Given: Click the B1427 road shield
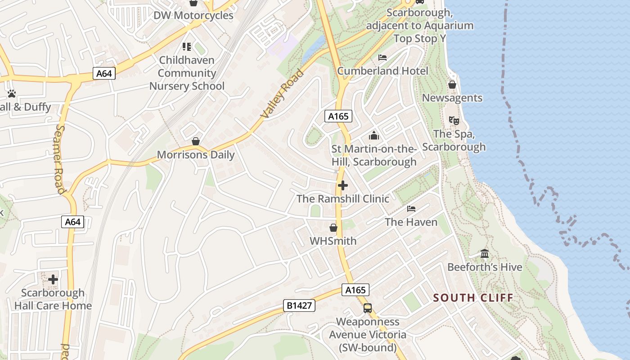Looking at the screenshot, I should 299,306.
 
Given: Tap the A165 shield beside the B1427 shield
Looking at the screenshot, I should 355,290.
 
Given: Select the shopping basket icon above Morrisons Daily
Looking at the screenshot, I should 196,141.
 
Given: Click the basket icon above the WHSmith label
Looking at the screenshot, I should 333,228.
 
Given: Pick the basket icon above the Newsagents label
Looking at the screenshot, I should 452,85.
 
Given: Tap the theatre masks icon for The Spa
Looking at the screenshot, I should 454,120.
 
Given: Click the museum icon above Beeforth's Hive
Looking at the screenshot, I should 485,254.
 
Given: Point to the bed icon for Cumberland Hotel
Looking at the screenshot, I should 382,58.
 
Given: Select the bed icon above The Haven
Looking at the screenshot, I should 411,209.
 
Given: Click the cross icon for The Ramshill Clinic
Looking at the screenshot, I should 343,185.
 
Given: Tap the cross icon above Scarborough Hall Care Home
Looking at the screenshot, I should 53,279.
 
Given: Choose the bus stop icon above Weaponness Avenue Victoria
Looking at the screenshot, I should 368,308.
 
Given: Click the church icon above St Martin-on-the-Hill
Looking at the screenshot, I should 374,135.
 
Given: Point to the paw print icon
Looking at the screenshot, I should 12,94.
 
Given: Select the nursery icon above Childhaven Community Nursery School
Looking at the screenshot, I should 187,46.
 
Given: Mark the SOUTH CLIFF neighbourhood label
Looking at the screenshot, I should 473,297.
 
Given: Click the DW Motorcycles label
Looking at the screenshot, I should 193,15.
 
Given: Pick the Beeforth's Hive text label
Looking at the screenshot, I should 485,267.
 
